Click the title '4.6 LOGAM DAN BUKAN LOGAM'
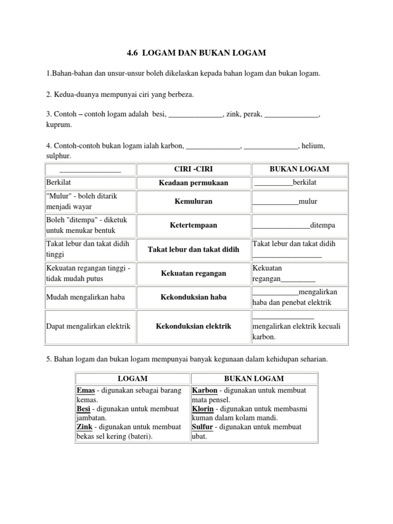coord(196,53)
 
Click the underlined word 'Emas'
coord(85,391)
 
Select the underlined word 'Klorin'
coord(203,409)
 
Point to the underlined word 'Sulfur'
coord(203,427)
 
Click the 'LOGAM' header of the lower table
coord(133,379)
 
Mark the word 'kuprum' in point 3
coord(59,124)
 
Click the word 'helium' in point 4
coord(313,146)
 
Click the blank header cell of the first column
coord(90,169)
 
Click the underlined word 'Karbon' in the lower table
coord(205,391)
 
